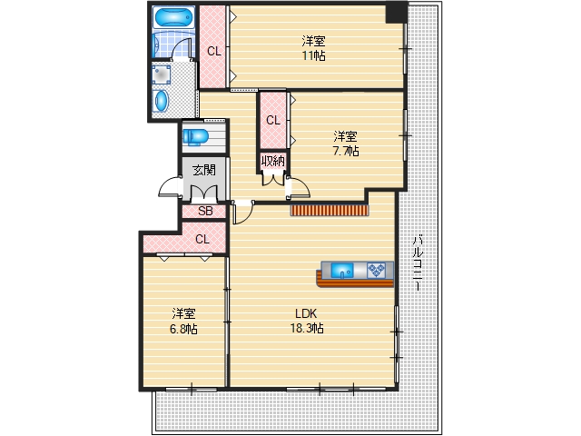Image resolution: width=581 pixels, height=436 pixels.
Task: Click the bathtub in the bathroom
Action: click(x=173, y=17)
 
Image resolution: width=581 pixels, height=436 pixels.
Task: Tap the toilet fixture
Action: click(x=196, y=136)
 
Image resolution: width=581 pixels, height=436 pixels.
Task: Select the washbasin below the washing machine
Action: click(x=162, y=101)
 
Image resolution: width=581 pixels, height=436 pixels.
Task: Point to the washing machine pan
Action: click(x=162, y=74)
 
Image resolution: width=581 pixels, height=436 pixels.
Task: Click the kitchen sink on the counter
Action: click(x=342, y=271)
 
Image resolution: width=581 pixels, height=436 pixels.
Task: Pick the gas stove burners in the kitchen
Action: click(x=376, y=271)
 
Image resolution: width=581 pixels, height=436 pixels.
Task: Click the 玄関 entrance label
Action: click(x=203, y=170)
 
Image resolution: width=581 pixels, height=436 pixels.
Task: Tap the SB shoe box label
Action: click(x=205, y=211)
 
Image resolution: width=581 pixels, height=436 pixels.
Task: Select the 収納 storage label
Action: click(x=273, y=162)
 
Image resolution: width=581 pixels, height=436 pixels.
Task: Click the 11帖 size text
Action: click(x=313, y=55)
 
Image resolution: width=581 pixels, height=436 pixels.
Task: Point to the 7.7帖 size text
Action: click(x=346, y=152)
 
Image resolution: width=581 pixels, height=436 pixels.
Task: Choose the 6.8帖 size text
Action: click(x=183, y=329)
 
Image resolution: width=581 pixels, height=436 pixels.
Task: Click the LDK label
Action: click(x=306, y=313)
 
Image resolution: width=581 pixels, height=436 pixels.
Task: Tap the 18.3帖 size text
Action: click(x=307, y=329)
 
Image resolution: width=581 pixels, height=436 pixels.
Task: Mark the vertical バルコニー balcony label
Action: click(x=418, y=263)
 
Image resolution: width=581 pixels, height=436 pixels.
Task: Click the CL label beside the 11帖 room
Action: click(x=214, y=51)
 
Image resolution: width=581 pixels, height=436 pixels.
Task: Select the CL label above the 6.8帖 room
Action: click(x=202, y=240)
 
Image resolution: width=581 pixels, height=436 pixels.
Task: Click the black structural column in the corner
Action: click(x=396, y=13)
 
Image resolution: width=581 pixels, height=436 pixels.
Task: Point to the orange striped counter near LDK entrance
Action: click(x=330, y=210)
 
